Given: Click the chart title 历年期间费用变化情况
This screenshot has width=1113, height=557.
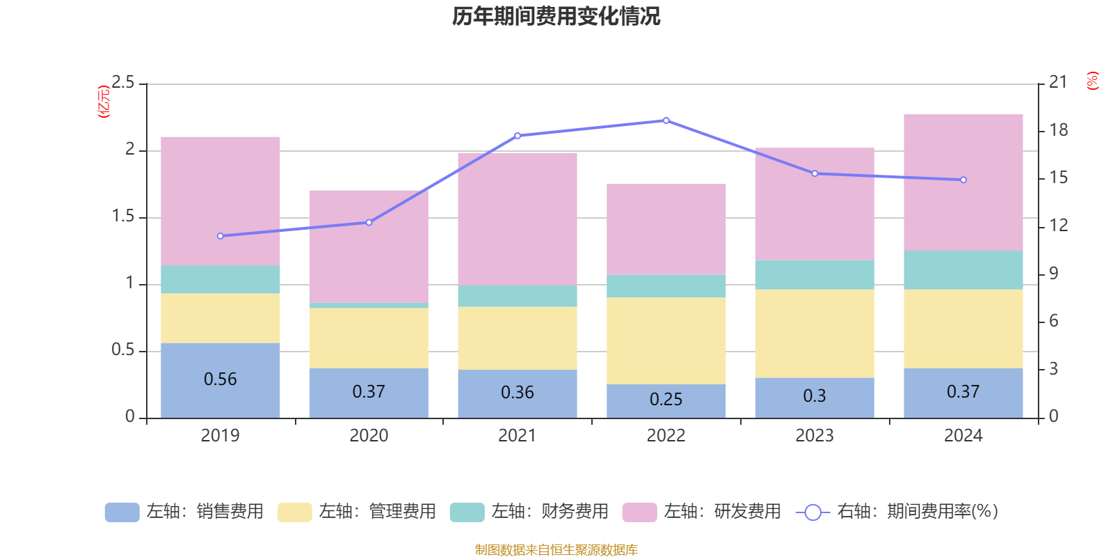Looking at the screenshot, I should point(556,16).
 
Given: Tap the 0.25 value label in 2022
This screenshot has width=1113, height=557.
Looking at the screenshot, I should point(666,400).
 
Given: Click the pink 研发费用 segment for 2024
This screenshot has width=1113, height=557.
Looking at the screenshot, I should point(963,182).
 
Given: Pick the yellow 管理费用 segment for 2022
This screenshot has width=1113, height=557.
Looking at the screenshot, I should point(666,340).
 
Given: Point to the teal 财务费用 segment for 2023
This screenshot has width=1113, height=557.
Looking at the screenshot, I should point(814,275).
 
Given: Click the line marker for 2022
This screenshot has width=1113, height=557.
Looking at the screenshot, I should point(666,120).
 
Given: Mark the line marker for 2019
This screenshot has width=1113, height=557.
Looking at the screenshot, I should point(221,236).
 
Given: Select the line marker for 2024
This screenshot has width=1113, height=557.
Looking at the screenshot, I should point(963,180).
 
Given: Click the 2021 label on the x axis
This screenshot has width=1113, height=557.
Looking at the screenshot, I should point(517,436).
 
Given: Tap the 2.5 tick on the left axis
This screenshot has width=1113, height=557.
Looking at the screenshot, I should point(123,83).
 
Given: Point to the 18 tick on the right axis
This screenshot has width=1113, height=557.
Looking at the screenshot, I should point(1059,130).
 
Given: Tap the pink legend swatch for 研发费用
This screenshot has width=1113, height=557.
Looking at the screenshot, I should point(639,512).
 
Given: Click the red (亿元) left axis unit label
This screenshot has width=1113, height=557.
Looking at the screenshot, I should point(104,102).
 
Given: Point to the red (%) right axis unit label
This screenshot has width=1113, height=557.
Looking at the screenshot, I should point(1093,81).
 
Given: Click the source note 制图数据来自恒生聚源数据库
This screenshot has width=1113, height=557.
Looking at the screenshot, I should point(556,550).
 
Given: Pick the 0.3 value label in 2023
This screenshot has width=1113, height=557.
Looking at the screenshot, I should point(814,396).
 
